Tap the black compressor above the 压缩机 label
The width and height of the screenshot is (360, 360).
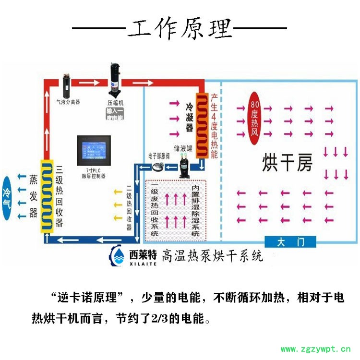(x=115, y=79)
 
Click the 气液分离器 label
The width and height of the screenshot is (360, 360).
(x=68, y=102)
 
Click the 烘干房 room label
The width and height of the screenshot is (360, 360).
(x=287, y=163)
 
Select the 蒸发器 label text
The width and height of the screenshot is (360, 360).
(x=33, y=196)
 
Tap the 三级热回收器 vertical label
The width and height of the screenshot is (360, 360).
(x=60, y=197)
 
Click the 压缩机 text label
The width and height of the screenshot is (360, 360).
(x=115, y=103)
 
